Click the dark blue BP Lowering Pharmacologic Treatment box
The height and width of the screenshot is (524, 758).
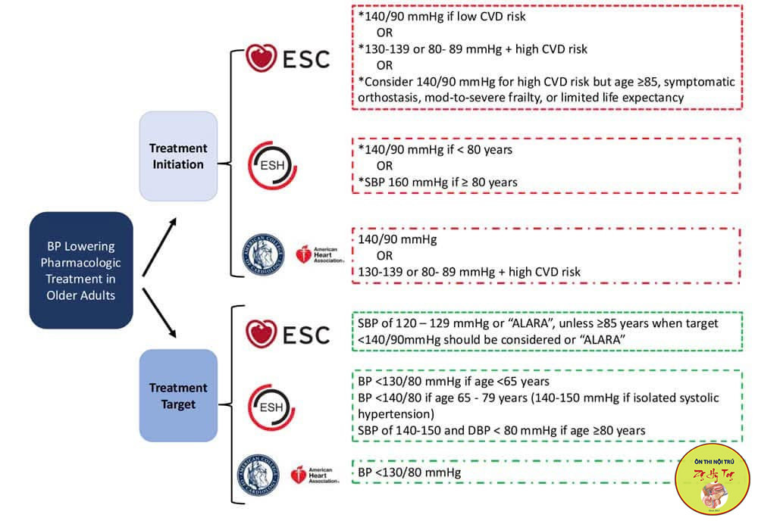(81, 270)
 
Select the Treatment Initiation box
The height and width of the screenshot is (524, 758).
(177, 156)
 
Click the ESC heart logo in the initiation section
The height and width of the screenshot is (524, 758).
(262, 58)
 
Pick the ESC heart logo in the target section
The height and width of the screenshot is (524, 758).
(262, 334)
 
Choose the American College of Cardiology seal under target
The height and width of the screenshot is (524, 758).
(259, 475)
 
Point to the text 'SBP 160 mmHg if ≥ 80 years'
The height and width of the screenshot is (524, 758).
(443, 182)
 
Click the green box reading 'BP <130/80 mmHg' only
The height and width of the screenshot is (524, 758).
(515, 473)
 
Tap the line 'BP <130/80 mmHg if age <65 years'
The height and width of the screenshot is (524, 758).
(454, 381)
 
